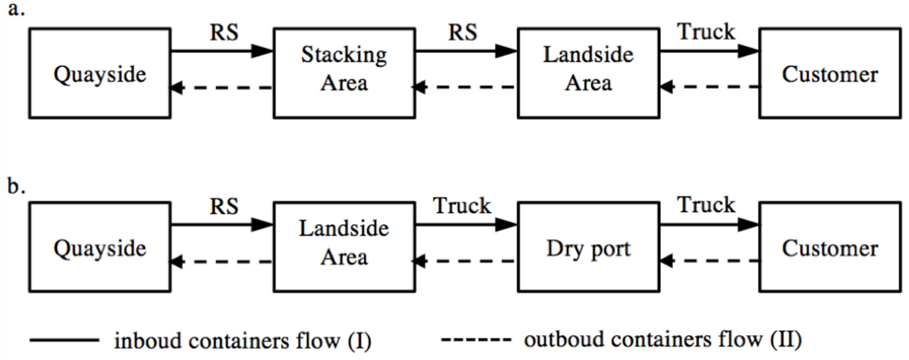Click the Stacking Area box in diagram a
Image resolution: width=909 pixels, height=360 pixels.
tap(344, 72)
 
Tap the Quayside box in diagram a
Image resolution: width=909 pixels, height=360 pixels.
tap(100, 73)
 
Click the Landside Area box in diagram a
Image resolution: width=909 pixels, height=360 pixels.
tap(588, 72)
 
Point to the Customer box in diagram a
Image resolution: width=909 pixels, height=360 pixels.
tap(830, 73)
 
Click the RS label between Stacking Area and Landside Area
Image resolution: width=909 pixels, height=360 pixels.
tap(462, 32)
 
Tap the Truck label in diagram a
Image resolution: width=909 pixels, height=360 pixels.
tap(706, 32)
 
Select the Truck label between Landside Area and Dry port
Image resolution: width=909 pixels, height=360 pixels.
tap(462, 206)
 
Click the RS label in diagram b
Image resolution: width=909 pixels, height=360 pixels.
tap(224, 206)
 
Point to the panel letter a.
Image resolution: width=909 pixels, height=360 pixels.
tap(15, 10)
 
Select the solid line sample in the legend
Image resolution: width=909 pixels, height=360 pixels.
tap(63, 340)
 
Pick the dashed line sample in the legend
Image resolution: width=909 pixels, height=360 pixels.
tap(476, 340)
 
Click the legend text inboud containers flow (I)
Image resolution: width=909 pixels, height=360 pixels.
tap(242, 341)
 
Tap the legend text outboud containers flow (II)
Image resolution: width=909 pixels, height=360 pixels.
tap(662, 340)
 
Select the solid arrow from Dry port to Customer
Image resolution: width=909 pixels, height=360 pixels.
tap(709, 225)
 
